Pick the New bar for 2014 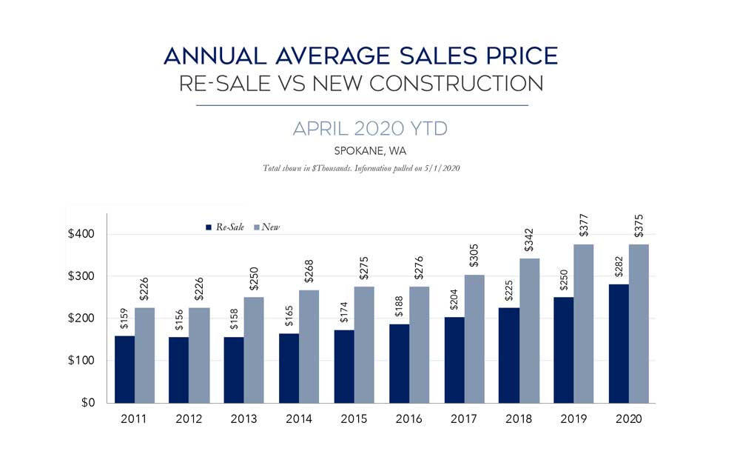(309, 347)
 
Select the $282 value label (619, 269)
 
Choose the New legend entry (271, 227)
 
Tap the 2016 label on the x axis (408, 418)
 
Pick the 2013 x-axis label (243, 418)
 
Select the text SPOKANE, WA (369, 151)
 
